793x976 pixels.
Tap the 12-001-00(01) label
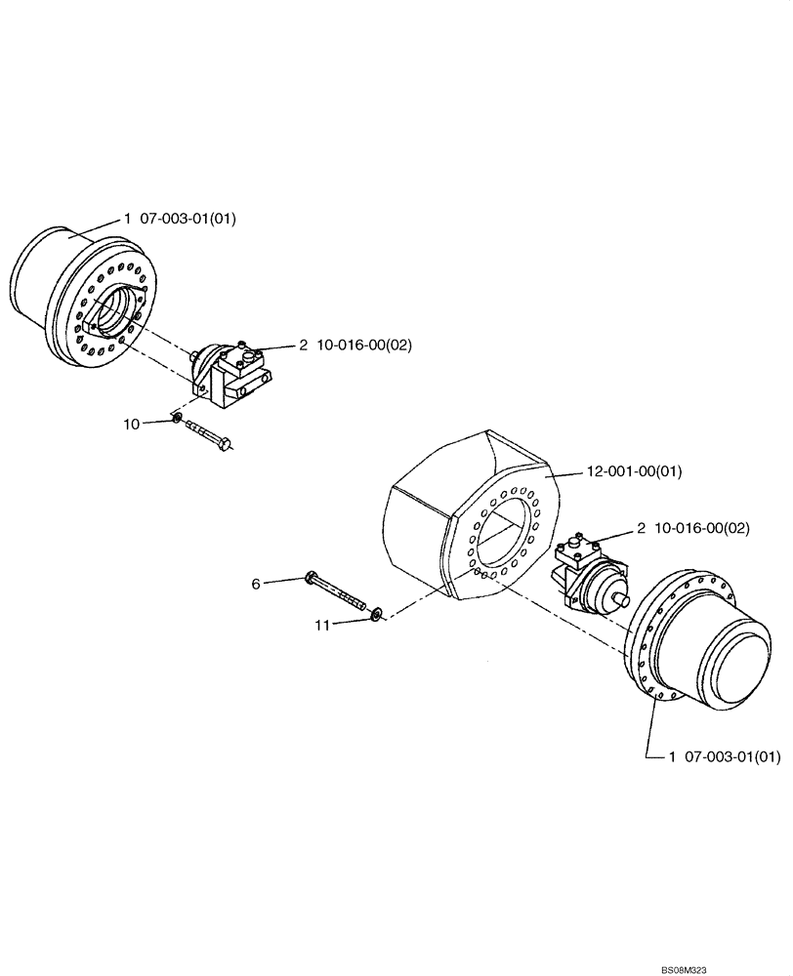[x=634, y=472]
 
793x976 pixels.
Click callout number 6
[x=256, y=584]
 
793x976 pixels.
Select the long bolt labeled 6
[x=337, y=591]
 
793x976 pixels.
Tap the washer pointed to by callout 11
[x=375, y=614]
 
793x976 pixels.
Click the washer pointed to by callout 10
[x=177, y=419]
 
